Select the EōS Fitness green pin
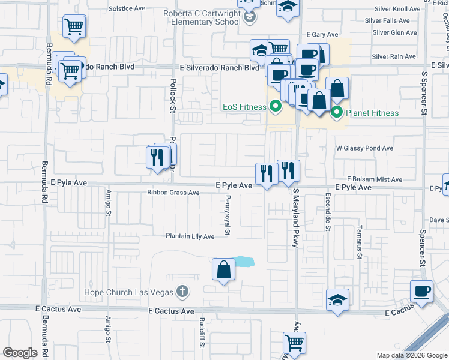276,107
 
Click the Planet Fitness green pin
337,112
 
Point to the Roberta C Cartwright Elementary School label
203,16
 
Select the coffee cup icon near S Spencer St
422,292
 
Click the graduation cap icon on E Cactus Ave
337,299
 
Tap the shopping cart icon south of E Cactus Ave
294,343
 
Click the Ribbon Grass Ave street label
173,193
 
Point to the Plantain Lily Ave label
190,236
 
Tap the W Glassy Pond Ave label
364,148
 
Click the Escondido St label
328,213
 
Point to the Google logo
20,353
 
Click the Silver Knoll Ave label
397,9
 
